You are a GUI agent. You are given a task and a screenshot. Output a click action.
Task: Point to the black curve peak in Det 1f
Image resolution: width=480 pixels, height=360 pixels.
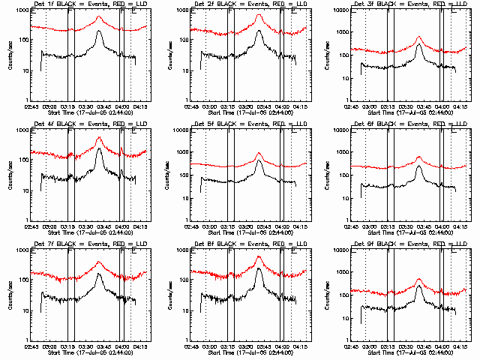click(x=99, y=32)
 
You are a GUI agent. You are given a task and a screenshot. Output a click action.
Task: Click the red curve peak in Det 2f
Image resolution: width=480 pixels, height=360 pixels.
click(x=259, y=13)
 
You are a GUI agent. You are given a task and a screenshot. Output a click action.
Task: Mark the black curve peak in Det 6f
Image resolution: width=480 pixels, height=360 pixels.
click(x=419, y=166)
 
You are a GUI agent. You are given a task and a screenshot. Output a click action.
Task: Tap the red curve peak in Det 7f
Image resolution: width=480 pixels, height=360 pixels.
click(x=99, y=262)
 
